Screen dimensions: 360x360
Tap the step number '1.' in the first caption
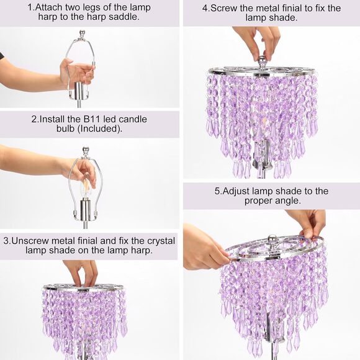(31, 7)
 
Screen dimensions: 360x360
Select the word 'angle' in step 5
(287, 201)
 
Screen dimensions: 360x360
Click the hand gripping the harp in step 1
(74, 73)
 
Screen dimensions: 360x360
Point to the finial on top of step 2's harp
(86, 151)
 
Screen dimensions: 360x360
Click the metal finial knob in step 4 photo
(262, 61)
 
